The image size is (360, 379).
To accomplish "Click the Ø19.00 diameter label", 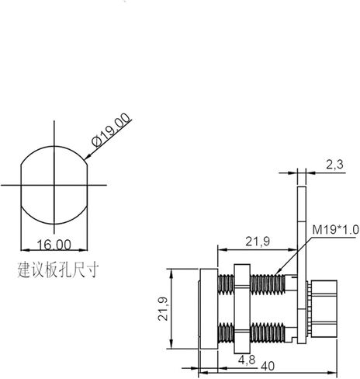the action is (111, 130).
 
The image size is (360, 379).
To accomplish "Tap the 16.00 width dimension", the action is (54, 245).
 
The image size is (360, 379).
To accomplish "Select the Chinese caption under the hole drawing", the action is (58, 269).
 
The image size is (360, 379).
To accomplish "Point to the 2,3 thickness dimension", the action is (334, 165).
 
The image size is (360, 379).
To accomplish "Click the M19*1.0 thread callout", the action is (335, 230).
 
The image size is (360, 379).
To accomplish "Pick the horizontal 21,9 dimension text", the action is (258, 242).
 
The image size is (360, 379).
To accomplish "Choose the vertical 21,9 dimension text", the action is (163, 309).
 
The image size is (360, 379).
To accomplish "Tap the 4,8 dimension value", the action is (247, 360).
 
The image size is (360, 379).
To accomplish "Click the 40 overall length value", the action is (268, 366).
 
